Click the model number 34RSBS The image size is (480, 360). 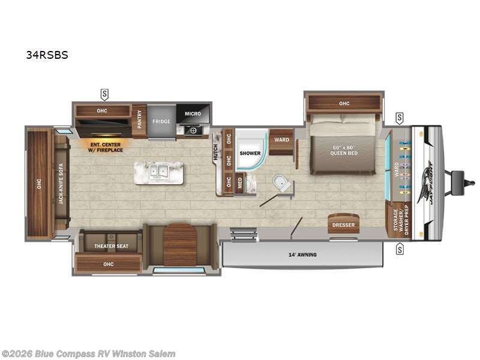[x=47, y=55]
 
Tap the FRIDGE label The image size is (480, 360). [x=161, y=121]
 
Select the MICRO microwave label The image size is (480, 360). [x=193, y=113]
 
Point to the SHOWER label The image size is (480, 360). [x=251, y=153]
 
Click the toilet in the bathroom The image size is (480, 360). [x=281, y=184]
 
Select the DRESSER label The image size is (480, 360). [x=343, y=225]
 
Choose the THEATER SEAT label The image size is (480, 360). [x=110, y=246]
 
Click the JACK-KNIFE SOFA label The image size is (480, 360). [x=61, y=184]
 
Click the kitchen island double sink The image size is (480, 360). [x=159, y=172]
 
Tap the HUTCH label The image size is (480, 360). [x=215, y=152]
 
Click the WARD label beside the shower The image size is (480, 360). [x=281, y=140]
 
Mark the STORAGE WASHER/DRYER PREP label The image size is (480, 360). [x=401, y=220]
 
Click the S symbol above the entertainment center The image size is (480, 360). [x=104, y=94]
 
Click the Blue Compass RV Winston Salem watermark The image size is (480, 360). [x=88, y=354]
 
